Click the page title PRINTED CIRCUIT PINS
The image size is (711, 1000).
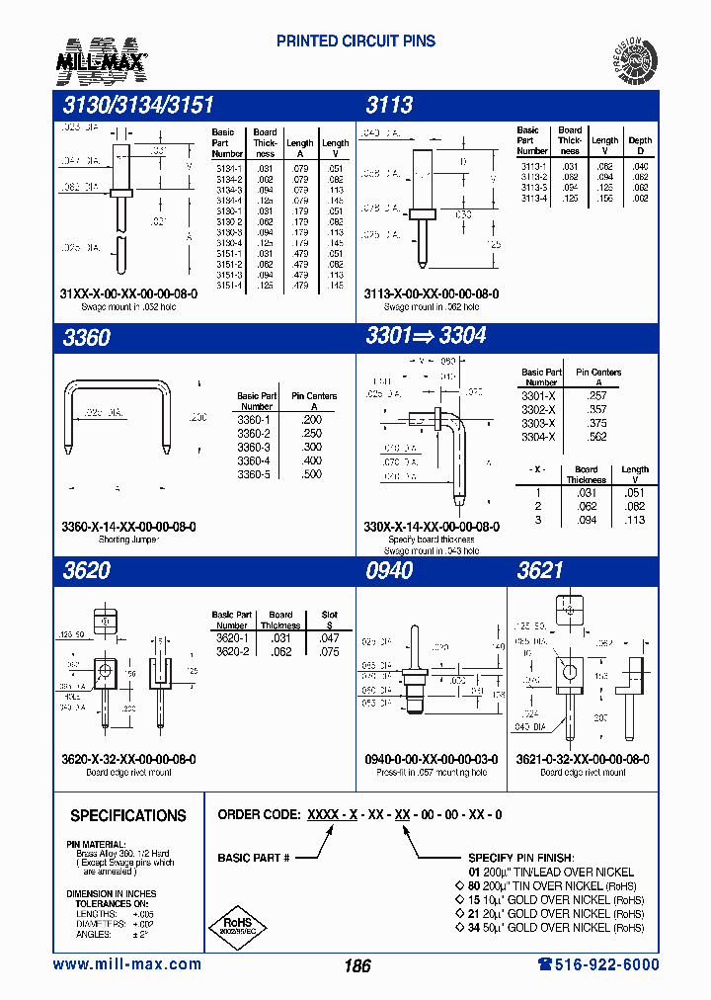pyautogui.click(x=355, y=42)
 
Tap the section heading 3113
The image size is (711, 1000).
pyautogui.click(x=389, y=106)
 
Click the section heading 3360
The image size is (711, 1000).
pyautogui.click(x=86, y=337)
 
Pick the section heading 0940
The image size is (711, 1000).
pyautogui.click(x=389, y=570)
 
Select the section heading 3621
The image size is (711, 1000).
pyautogui.click(x=540, y=570)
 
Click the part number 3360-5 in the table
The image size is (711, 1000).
pyautogui.click(x=254, y=474)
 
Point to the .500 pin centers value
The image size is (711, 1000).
pyautogui.click(x=313, y=474)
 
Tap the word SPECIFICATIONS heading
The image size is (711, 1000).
pyautogui.click(x=127, y=816)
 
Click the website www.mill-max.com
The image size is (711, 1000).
pyautogui.click(x=126, y=964)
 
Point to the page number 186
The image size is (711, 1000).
pyautogui.click(x=356, y=965)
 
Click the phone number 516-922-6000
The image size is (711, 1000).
pyautogui.click(x=597, y=964)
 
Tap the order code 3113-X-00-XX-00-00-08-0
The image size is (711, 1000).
pyautogui.click(x=432, y=294)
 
